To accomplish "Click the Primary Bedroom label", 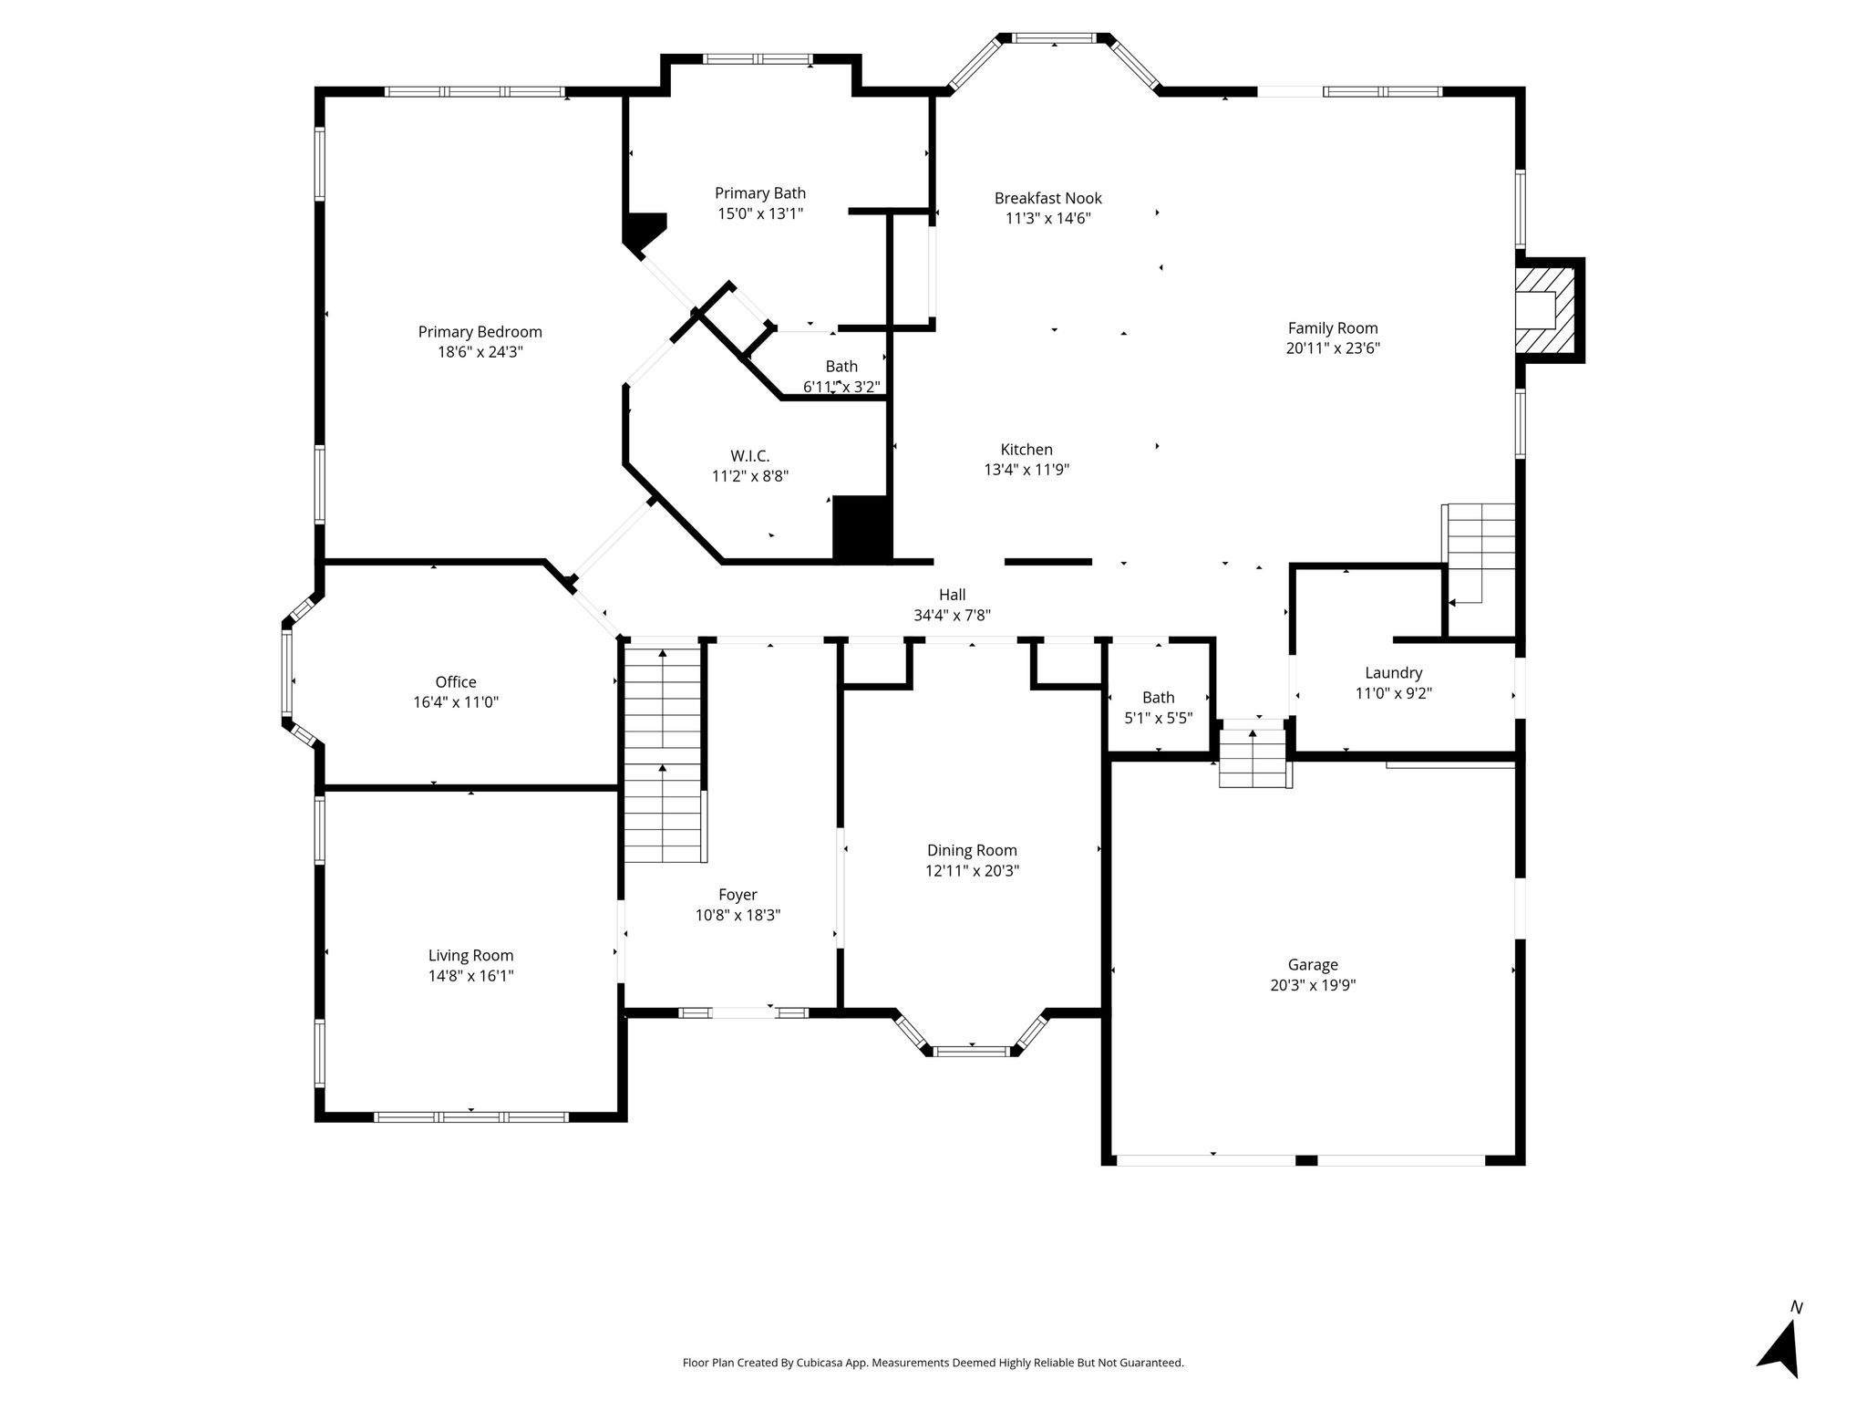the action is click(480, 332).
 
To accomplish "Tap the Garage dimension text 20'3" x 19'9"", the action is click(1313, 985).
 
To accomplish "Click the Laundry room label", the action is click(1393, 673).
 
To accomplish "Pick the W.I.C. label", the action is click(750, 456).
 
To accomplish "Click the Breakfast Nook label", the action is click(1048, 198).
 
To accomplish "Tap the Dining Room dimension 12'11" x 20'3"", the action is click(972, 870).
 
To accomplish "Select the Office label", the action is click(456, 682).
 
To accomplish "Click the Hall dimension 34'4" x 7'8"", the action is click(952, 616).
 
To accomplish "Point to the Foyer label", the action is click(738, 896).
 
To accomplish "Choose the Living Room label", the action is click(470, 956).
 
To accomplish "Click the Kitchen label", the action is click(1026, 450).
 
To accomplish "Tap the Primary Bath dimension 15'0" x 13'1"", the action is click(760, 213).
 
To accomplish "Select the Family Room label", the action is click(1333, 328).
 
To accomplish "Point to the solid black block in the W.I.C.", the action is click(861, 529).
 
